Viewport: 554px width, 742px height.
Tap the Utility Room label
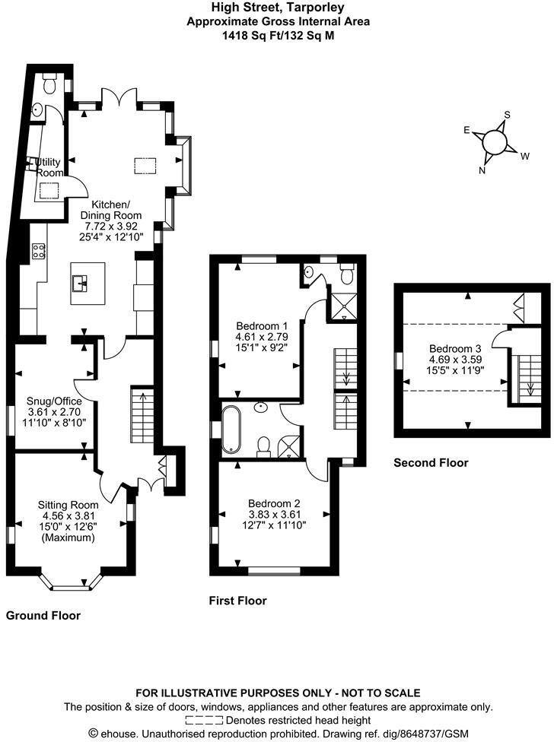[48, 167]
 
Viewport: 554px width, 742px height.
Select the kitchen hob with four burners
[38, 251]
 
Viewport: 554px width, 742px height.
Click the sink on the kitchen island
[80, 284]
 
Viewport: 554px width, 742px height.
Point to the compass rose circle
[495, 141]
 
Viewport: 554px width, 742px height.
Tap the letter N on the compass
[482, 171]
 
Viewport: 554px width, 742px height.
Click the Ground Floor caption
[43, 615]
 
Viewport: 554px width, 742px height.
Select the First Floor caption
[237, 601]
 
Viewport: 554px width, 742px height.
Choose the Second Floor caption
[431, 463]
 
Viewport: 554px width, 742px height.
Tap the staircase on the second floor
[530, 379]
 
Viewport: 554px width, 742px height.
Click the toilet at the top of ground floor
[49, 84]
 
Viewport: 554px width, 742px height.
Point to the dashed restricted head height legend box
[204, 720]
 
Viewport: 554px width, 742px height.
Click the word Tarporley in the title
[319, 7]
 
